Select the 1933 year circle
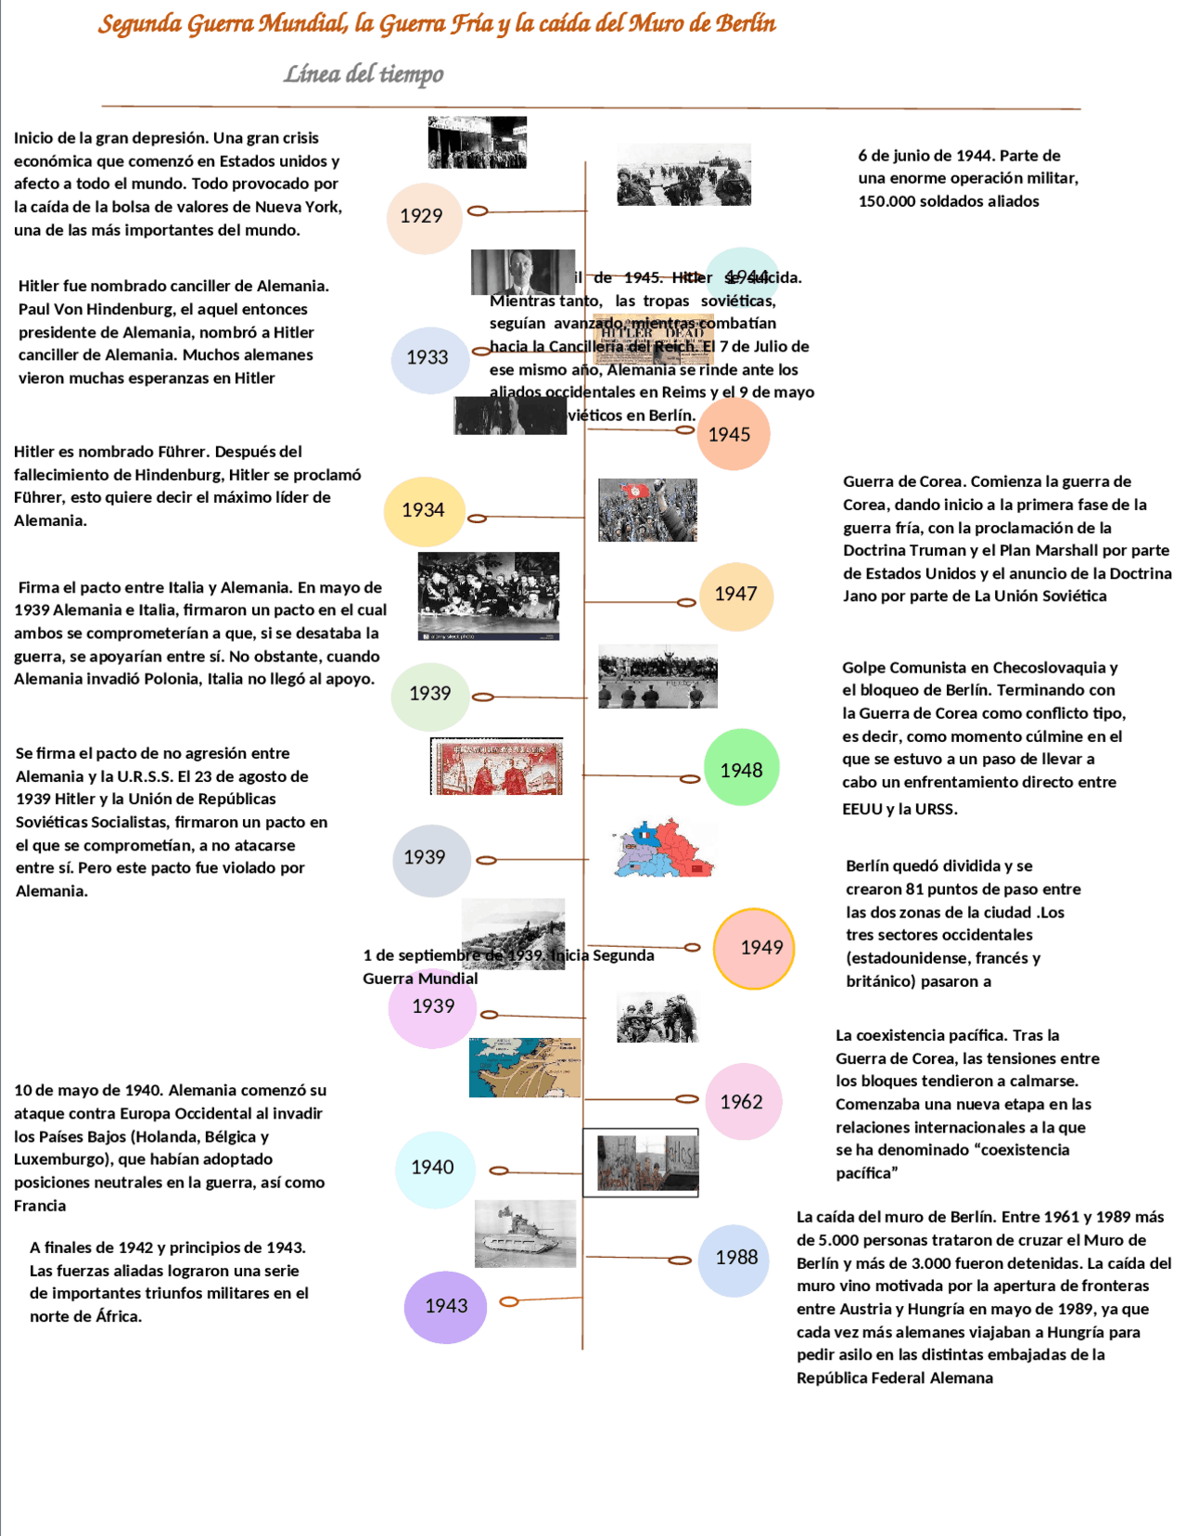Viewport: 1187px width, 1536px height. [x=428, y=359]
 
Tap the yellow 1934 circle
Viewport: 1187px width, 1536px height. [x=424, y=512]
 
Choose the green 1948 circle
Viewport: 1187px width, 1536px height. [x=741, y=769]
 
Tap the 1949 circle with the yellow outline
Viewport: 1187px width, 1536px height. [x=754, y=948]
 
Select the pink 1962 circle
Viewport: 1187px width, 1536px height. [x=743, y=1102]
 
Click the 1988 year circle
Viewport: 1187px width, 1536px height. [x=734, y=1259]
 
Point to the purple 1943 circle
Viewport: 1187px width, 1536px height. [x=445, y=1307]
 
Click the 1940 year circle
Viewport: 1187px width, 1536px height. [x=434, y=1169]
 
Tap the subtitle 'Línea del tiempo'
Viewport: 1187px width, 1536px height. [x=364, y=74]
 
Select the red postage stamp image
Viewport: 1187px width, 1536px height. [x=497, y=767]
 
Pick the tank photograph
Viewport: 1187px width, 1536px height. [x=525, y=1234]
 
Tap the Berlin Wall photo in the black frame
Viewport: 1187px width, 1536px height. [x=641, y=1163]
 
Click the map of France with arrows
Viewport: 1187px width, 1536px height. [x=525, y=1068]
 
